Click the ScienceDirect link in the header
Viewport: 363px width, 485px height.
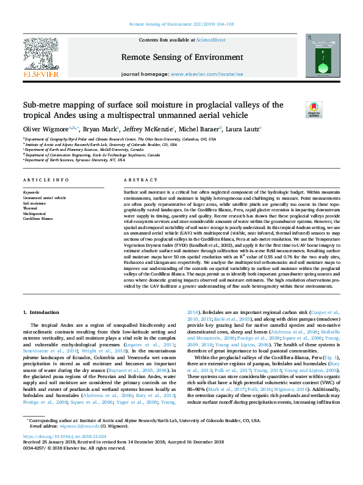tap(211, 40)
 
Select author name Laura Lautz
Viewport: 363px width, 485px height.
tap(242, 129)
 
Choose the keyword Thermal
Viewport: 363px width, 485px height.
tap(31, 208)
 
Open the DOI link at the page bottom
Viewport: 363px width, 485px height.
tap(64, 471)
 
